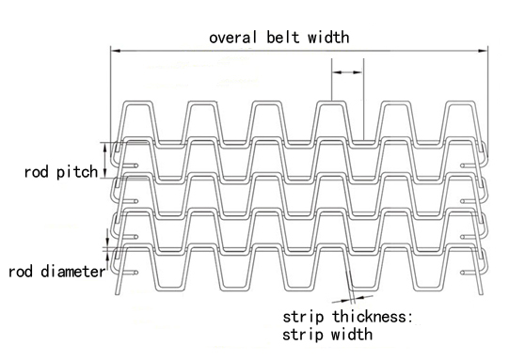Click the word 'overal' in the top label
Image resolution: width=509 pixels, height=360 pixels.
pos(231,38)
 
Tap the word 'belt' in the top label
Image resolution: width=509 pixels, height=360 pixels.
pos(279,38)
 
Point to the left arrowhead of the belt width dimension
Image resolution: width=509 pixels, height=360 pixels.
pos(114,51)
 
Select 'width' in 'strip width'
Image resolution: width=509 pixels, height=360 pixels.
pos(350,333)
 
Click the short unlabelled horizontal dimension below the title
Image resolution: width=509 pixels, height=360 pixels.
pos(347,70)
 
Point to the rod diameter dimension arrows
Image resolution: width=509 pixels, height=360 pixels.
pos(107,247)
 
